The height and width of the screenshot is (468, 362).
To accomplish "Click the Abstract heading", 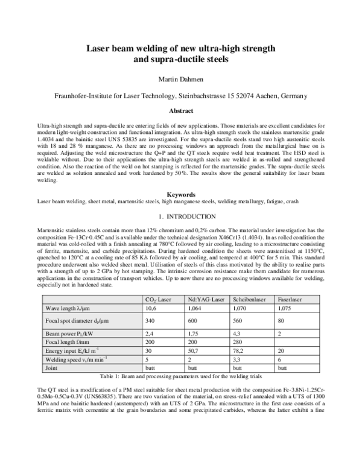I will pos(180,111).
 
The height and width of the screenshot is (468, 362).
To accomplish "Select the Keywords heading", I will pos(180,195).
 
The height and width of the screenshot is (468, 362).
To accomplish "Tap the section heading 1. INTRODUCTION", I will pos(180,216).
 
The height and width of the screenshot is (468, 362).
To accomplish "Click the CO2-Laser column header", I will pos(159,299).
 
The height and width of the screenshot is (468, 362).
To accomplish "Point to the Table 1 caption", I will pos(180,375).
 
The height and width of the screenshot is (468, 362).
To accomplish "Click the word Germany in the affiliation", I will pos(291,96).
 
